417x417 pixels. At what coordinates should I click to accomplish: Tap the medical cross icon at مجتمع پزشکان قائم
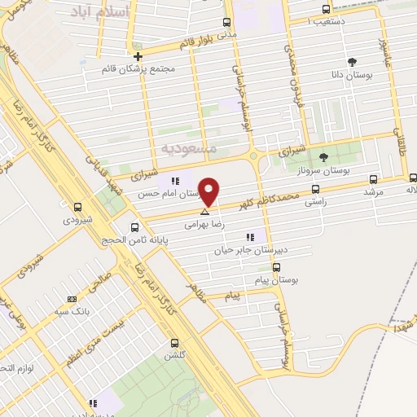[138, 57]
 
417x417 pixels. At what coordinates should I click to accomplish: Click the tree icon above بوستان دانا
[352, 62]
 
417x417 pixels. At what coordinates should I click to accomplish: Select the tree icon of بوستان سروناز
[323, 157]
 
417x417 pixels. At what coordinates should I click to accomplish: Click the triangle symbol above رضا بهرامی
[204, 211]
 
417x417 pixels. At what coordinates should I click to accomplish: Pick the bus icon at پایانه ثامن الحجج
[134, 228]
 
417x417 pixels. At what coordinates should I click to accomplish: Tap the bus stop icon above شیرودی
[77, 207]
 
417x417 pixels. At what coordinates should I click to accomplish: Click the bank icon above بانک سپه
[72, 299]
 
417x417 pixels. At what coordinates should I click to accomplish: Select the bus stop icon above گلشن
[173, 343]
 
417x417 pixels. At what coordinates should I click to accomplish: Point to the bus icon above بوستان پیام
[276, 267]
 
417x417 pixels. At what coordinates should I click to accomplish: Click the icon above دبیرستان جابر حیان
[249, 238]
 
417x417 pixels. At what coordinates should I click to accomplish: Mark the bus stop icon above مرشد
[374, 179]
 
